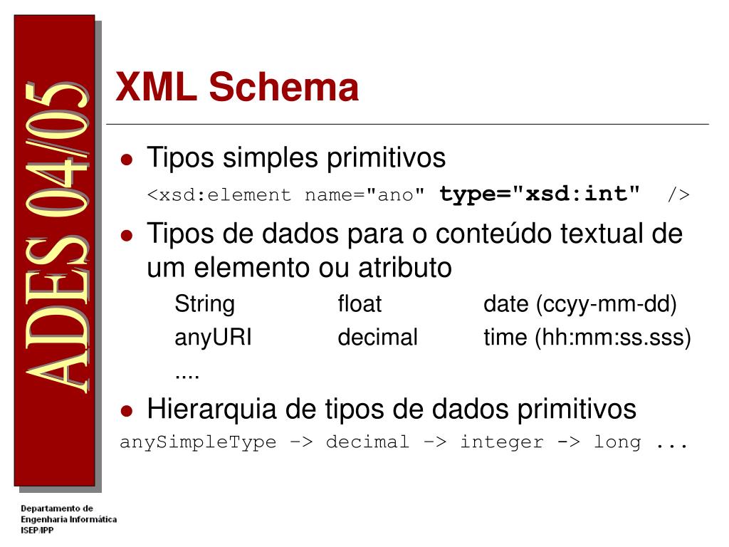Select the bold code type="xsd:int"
[x=540, y=194]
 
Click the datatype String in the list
[x=204, y=305]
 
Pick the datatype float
[x=360, y=305]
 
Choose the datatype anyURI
[x=213, y=337]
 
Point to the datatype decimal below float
[x=377, y=337]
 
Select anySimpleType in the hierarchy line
[x=198, y=442]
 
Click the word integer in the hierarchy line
[x=501, y=442]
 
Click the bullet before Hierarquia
[x=127, y=411]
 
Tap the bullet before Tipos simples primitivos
[x=127, y=160]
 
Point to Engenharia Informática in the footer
[x=68, y=519]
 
